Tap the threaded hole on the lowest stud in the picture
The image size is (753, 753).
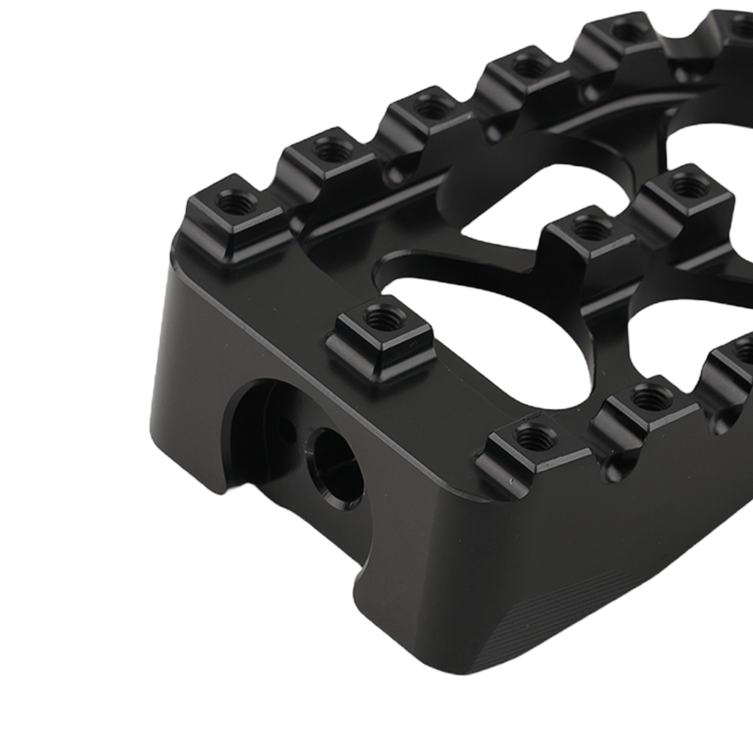533,436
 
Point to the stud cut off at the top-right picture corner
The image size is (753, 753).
737,21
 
